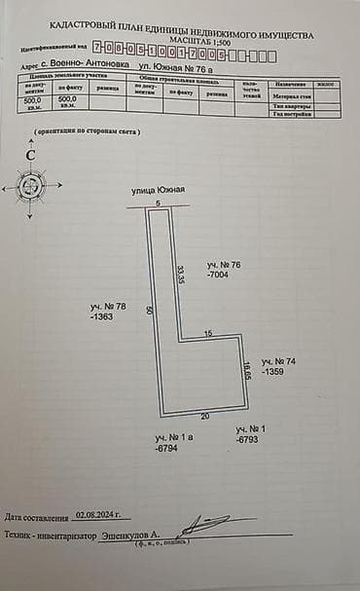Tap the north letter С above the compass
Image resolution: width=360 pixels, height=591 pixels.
[x=31, y=154]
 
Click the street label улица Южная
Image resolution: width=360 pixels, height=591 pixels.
[x=158, y=191]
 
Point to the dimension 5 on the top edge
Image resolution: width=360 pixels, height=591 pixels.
[x=159, y=203]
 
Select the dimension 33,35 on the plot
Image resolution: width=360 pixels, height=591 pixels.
[x=180, y=274]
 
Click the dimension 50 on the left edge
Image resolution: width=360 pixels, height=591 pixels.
[x=149, y=310]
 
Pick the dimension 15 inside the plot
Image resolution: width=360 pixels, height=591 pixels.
[x=207, y=334]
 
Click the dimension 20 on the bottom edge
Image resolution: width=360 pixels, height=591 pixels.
[x=204, y=415]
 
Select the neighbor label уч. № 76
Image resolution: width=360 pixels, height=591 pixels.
[x=223, y=265]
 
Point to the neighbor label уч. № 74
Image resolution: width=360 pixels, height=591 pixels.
[x=278, y=361]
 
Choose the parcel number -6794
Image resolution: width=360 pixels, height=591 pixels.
[x=168, y=449]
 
